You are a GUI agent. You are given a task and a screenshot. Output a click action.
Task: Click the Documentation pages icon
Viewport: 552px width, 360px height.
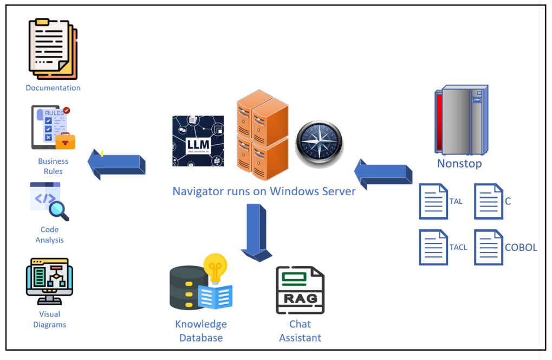coord(53,49)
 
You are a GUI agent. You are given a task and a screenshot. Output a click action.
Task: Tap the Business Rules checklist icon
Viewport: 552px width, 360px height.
coord(53,127)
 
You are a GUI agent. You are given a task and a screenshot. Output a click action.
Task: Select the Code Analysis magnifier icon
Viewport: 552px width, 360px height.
coord(49,201)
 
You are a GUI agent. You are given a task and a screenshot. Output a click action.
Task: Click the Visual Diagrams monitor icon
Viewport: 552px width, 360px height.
coord(49,281)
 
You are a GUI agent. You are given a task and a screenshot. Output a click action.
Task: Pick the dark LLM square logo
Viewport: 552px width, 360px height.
coord(198,140)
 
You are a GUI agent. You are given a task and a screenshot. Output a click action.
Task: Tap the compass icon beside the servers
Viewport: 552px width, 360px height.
coord(319,144)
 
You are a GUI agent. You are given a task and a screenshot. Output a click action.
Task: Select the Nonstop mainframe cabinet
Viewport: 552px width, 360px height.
coord(461,120)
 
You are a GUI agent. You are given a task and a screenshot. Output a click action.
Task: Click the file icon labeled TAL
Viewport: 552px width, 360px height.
coord(433,201)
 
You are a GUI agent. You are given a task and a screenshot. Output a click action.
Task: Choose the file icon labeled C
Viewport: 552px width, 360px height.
coord(488,201)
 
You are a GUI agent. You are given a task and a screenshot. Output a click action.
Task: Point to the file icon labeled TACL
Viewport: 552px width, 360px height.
coord(433,247)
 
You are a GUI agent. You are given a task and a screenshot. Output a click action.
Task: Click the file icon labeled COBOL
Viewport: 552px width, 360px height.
coord(488,247)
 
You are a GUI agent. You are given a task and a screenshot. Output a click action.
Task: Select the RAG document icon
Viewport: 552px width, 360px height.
coord(300,290)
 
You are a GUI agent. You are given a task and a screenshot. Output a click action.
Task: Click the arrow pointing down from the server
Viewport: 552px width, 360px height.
coord(256,231)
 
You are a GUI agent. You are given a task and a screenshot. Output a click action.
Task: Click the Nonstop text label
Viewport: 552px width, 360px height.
coord(459,163)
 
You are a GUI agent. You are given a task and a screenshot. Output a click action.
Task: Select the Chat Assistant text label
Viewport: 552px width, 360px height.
coord(300,331)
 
